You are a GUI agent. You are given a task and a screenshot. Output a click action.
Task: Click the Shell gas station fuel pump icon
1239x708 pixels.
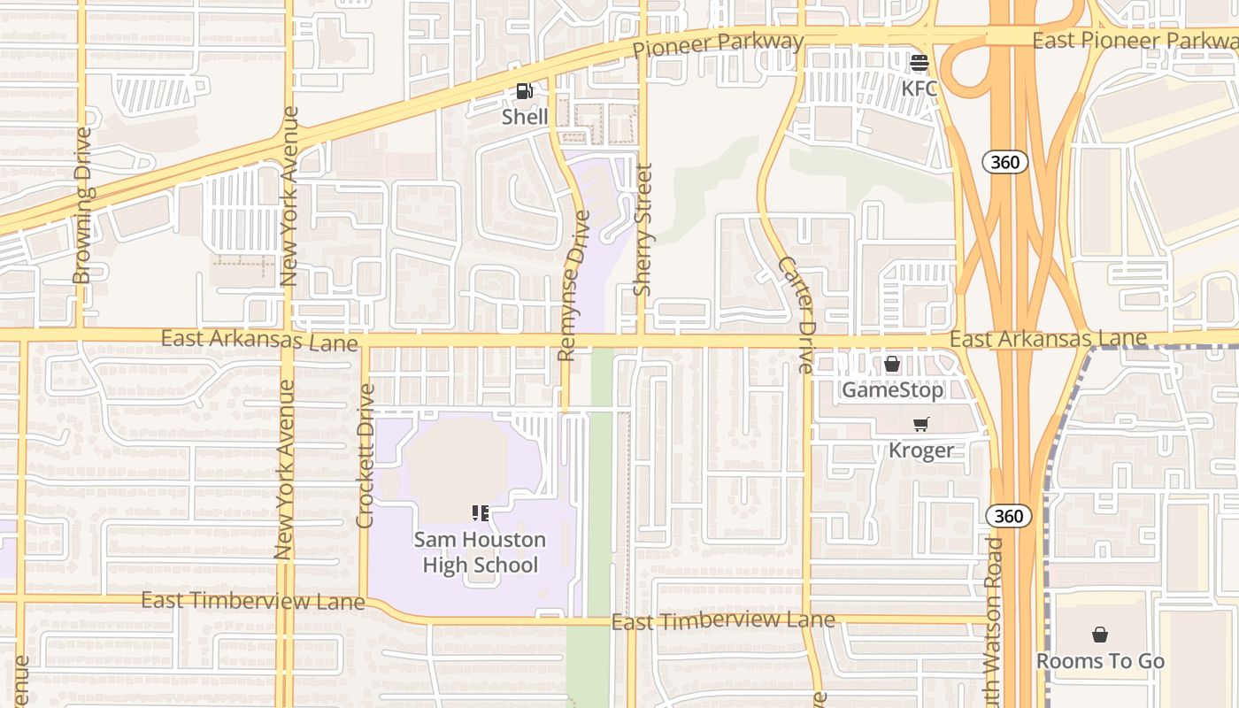pos(525,91)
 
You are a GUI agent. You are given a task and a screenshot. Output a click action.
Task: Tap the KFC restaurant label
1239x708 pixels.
pos(919,88)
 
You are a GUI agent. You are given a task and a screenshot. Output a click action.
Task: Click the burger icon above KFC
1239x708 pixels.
pos(919,63)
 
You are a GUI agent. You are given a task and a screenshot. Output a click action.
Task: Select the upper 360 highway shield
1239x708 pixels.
pos(1005,162)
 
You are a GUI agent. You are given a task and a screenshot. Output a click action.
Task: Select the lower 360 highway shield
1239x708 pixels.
pos(1009,516)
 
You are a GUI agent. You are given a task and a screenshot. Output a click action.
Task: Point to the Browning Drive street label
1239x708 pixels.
pos(82,206)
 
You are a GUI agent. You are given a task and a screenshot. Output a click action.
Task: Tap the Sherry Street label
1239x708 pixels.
pos(643,229)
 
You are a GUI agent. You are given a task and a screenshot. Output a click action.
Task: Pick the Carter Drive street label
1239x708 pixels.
pos(794,314)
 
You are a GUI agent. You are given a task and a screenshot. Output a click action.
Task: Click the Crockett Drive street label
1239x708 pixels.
pos(366,456)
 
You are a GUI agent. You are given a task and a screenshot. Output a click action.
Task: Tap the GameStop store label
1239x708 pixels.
pos(892,389)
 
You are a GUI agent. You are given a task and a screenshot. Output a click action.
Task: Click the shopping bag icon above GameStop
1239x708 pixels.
pos(892,364)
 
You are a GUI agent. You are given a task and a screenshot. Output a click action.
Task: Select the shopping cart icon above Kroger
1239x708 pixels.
pos(921,425)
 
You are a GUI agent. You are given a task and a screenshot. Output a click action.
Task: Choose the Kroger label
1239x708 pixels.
pos(921,450)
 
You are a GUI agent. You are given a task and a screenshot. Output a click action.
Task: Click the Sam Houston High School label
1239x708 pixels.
pos(480,552)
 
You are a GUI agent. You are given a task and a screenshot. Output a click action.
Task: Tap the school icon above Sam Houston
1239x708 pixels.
pos(481,513)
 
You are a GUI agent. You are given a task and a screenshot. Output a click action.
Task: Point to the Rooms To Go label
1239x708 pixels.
pos(1100,661)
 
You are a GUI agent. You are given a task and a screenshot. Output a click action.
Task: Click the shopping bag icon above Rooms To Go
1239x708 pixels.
pos(1100,635)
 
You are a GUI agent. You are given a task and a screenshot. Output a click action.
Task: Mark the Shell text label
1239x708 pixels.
pos(525,117)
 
